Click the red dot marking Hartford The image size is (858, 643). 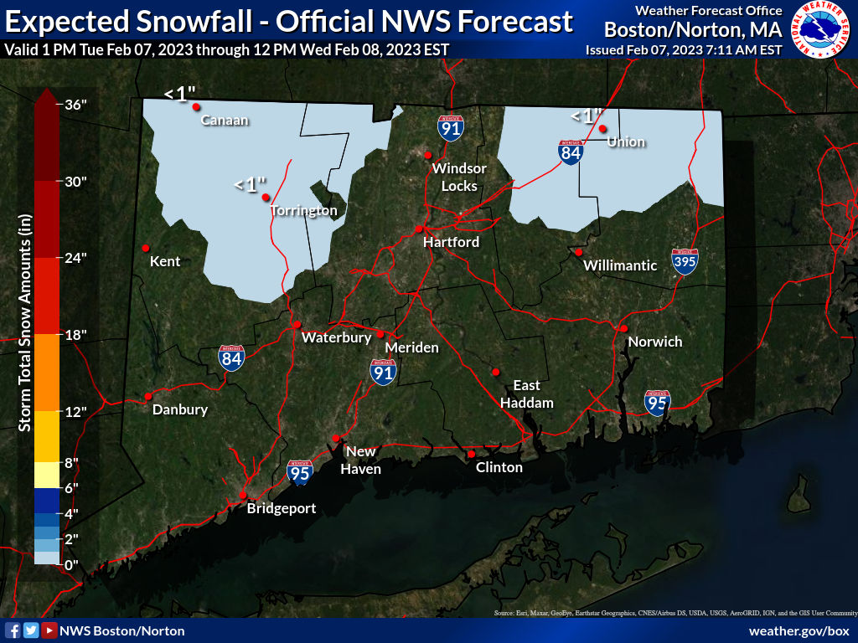tap(418, 229)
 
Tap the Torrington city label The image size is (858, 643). tap(303, 211)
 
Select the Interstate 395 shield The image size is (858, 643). tap(685, 262)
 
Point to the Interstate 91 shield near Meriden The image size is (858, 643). tap(383, 373)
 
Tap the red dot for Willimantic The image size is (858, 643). tap(578, 252)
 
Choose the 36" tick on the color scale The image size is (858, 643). tap(75, 105)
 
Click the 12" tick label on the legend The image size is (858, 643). tap(76, 411)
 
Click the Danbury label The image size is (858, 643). tap(179, 409)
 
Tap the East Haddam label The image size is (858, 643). tap(526, 394)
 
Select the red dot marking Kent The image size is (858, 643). tap(145, 248)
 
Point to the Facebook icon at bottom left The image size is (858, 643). tap(13, 630)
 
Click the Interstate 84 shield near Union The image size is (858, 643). tap(571, 152)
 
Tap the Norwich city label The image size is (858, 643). tap(654, 342)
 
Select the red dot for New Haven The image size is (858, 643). tap(336, 438)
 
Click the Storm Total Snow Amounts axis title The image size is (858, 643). tap(24, 322)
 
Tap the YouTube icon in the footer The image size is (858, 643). tap(49, 630)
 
